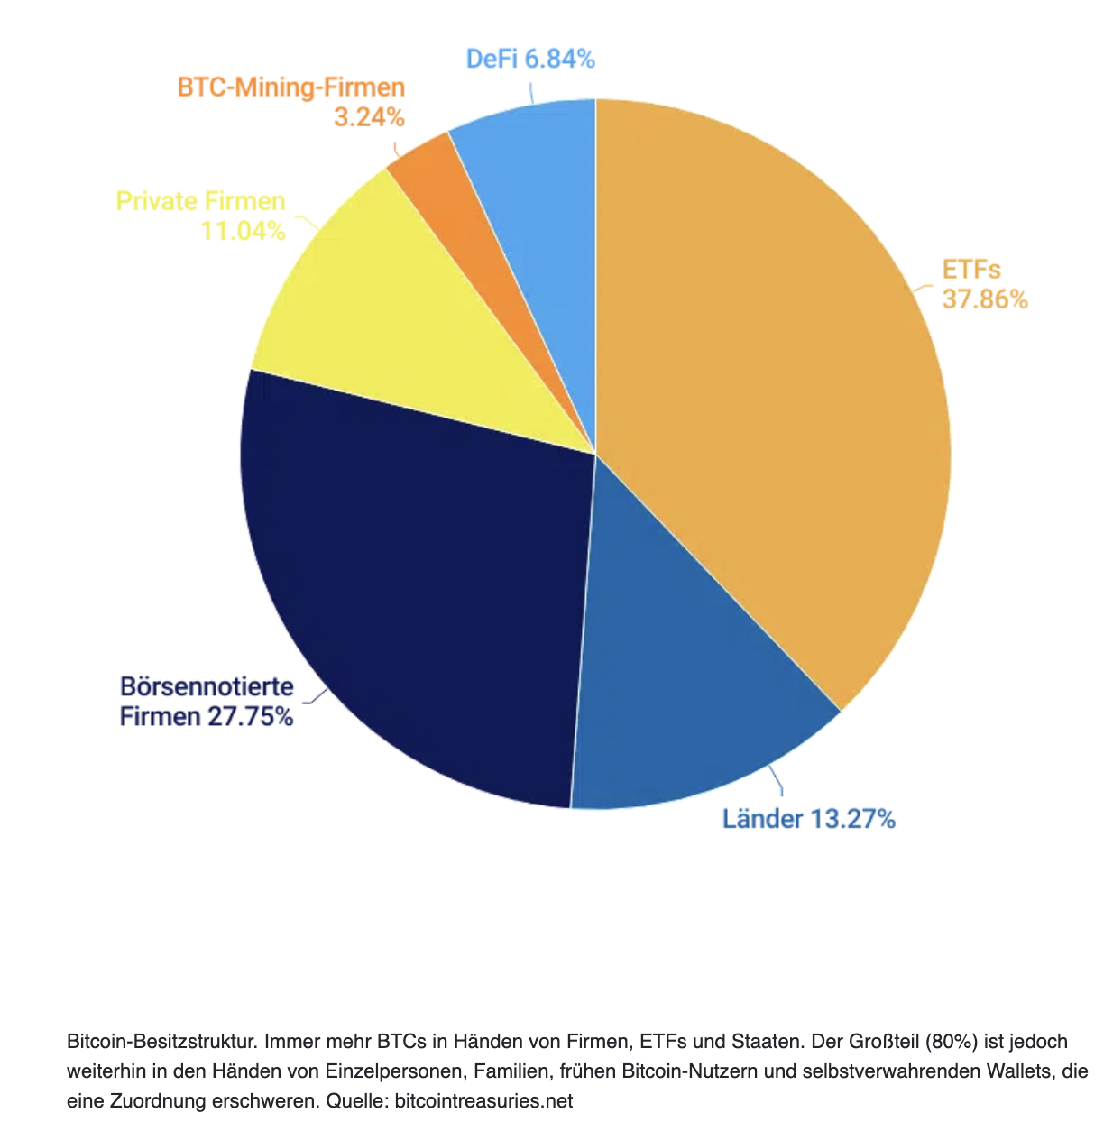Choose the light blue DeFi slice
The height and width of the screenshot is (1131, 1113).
pyautogui.click(x=532, y=180)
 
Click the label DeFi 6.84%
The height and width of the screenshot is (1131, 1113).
pyautogui.click(x=530, y=60)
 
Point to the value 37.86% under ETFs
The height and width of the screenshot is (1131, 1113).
pyautogui.click(x=985, y=299)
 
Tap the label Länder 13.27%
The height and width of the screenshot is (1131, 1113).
pyautogui.click(x=808, y=819)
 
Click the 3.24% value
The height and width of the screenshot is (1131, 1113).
pyautogui.click(x=369, y=117)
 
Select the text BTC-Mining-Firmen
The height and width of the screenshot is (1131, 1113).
pyautogui.click(x=291, y=87)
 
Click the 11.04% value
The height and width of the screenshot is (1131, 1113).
pyautogui.click(x=243, y=231)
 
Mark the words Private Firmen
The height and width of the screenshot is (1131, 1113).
pyautogui.click(x=200, y=201)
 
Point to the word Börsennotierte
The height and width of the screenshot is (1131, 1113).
pyautogui.click(x=207, y=686)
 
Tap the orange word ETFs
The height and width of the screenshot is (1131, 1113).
pyautogui.click(x=971, y=270)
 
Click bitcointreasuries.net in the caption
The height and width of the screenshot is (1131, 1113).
pyautogui.click(x=483, y=1101)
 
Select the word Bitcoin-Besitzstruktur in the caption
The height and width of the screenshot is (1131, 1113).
pyautogui.click(x=162, y=1042)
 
